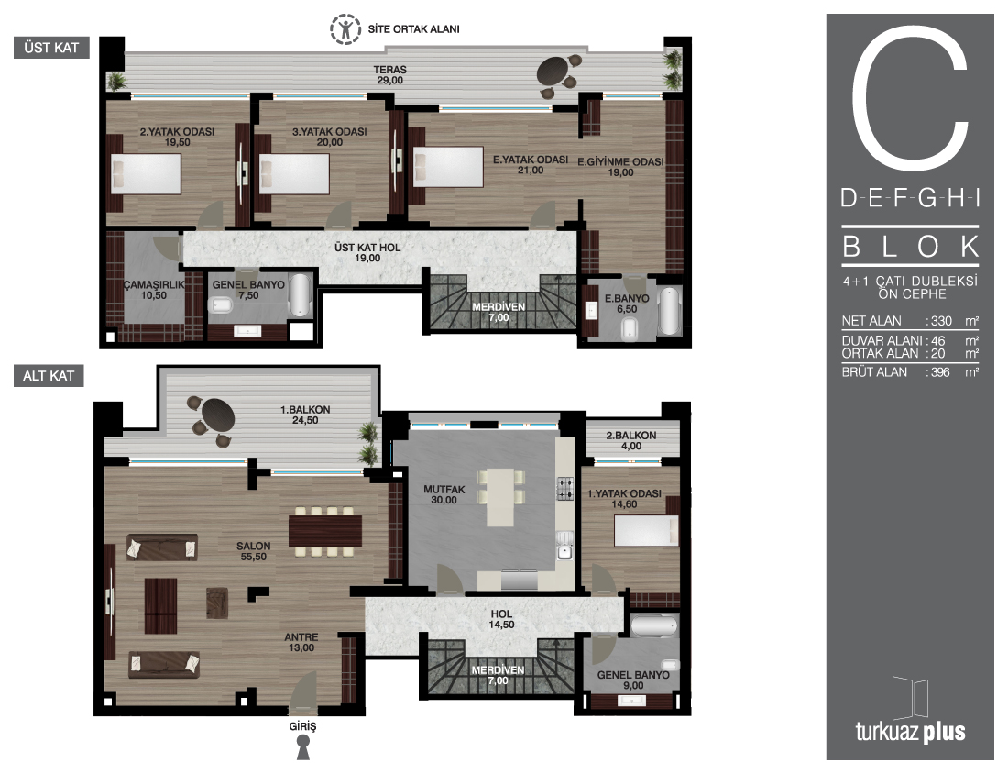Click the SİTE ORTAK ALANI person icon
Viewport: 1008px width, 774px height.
pos(345,29)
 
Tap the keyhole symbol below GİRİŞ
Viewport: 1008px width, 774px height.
pos(302,747)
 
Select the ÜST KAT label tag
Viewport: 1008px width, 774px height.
pos(51,48)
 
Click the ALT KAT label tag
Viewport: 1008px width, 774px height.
pos(49,376)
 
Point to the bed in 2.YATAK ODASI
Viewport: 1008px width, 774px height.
pos(146,173)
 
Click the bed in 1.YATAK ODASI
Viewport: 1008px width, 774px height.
pos(646,531)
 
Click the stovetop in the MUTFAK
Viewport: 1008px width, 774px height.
pos(565,488)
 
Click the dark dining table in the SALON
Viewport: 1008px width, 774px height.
pos(324,531)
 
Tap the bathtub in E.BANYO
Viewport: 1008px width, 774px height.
pos(669,312)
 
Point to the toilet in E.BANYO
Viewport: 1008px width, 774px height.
pos(630,330)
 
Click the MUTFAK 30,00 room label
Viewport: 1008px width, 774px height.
pos(444,495)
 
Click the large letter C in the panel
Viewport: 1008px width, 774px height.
pos(910,100)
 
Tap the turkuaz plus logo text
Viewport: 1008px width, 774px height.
pos(910,732)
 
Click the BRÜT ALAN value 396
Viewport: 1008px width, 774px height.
pos(939,372)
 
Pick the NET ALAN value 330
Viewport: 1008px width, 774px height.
pos(941,321)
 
